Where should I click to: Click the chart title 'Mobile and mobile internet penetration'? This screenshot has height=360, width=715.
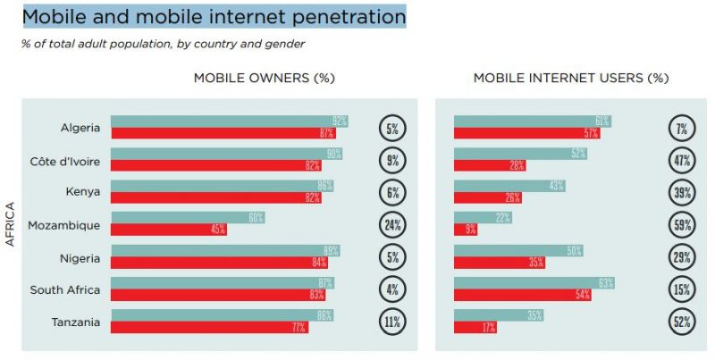click(213, 17)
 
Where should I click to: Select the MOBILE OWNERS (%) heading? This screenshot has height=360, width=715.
click(264, 78)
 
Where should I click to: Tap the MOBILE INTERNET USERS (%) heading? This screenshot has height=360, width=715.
click(570, 78)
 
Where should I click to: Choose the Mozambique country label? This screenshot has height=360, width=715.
click(64, 225)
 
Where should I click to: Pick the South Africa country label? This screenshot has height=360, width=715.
click(65, 289)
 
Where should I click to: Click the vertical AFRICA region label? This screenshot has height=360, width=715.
click(11, 224)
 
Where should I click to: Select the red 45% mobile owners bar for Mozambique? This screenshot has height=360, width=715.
click(168, 230)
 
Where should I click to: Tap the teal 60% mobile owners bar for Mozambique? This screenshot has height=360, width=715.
click(188, 218)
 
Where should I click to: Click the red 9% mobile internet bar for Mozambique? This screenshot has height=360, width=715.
click(465, 230)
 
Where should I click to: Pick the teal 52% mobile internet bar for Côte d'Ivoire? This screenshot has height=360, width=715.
click(520, 154)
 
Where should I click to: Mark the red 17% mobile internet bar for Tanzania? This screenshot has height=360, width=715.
click(475, 327)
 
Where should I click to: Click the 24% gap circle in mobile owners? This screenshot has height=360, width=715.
click(392, 224)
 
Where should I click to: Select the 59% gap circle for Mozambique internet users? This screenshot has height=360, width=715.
click(682, 224)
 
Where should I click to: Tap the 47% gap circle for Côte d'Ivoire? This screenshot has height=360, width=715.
click(682, 160)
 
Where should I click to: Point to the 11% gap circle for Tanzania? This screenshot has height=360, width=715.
click(392, 322)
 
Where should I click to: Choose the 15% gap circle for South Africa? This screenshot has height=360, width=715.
click(682, 289)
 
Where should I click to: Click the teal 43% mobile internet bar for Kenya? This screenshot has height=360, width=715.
click(509, 186)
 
